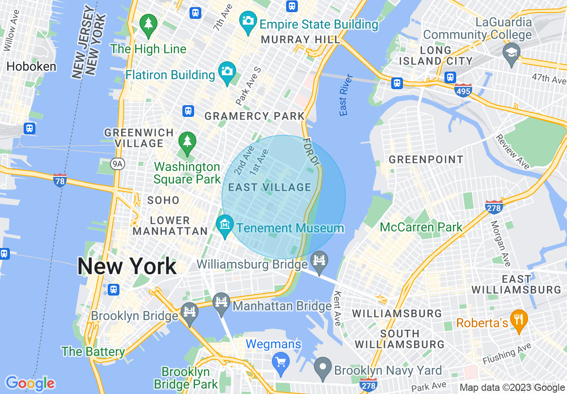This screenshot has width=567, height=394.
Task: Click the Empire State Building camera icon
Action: (x=248, y=21)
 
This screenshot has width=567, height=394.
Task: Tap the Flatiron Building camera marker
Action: (x=227, y=71)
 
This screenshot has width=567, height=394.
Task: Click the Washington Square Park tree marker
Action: (x=187, y=141)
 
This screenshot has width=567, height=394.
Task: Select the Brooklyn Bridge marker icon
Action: (x=190, y=312)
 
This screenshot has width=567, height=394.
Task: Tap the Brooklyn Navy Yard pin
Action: (x=323, y=366)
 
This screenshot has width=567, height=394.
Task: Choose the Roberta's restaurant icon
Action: (x=519, y=320)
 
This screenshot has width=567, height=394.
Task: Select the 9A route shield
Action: (x=118, y=164)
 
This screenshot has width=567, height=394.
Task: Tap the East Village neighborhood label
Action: (x=270, y=187)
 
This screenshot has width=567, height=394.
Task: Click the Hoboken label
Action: (x=31, y=67)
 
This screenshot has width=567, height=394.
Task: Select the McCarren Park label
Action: (x=421, y=227)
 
